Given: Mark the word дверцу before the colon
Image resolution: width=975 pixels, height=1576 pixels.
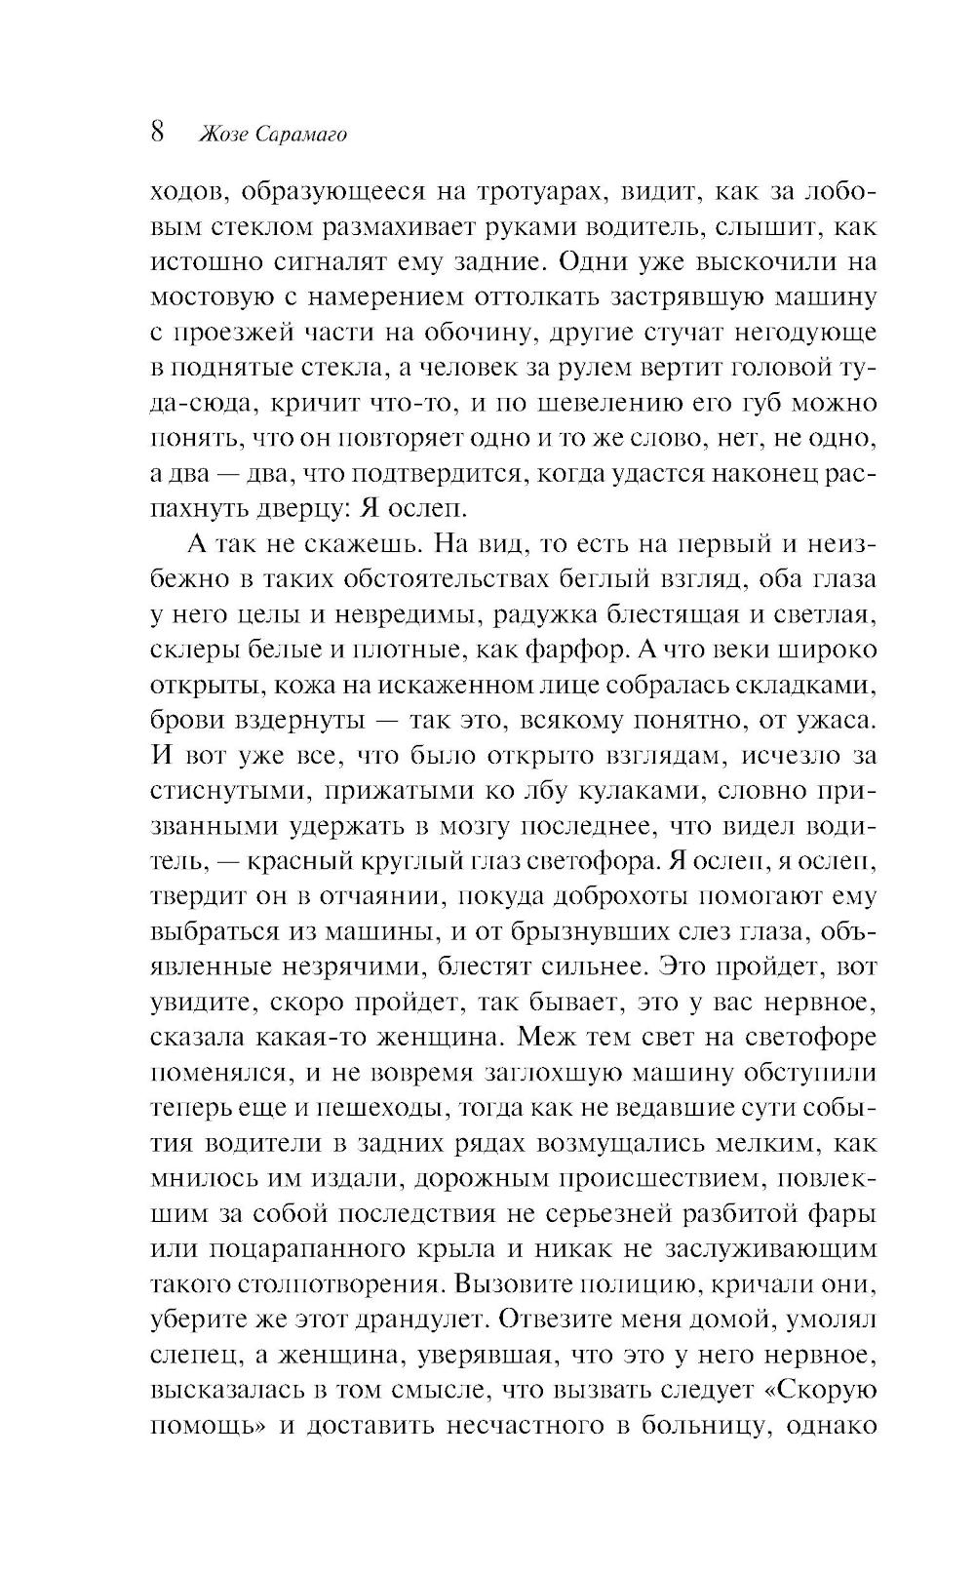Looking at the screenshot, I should tap(289, 509).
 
